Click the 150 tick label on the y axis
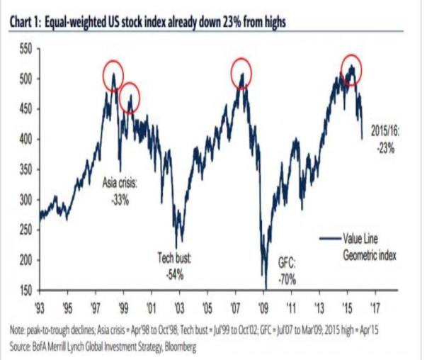point(24,291)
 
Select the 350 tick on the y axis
point(24,170)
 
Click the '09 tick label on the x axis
point(263,307)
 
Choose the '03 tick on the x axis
point(178,307)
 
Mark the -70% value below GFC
point(287,279)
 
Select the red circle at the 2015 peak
point(348,69)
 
